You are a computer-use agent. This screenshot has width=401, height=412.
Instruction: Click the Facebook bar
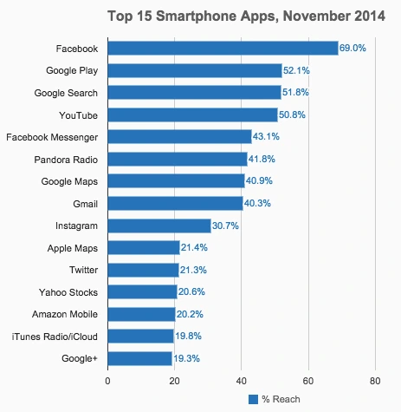(223, 48)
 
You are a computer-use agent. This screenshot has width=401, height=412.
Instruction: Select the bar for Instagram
(158, 226)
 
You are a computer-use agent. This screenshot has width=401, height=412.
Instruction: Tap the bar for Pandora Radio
(177, 159)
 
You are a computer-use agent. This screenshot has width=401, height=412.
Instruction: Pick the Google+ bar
(139, 358)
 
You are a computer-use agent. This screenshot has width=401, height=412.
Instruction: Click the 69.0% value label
(352, 49)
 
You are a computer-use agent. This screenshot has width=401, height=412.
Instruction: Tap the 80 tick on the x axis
(374, 380)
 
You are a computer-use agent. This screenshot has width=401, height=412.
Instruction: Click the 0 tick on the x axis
(107, 380)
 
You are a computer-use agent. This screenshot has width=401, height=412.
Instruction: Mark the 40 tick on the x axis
(241, 380)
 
